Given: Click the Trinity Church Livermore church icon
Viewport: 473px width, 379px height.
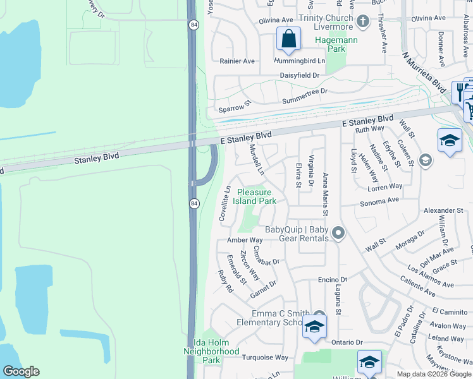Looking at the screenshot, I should click(x=362, y=22).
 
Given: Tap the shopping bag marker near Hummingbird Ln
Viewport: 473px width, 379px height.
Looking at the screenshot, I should click(x=288, y=39).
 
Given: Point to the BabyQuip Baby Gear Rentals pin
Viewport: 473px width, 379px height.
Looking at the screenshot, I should click(x=338, y=234).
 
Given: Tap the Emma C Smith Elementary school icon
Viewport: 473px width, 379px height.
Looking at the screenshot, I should click(x=313, y=327).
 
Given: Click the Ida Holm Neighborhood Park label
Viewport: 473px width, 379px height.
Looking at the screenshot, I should click(x=211, y=351).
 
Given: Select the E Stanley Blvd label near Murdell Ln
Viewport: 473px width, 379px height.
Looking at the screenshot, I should click(x=246, y=137).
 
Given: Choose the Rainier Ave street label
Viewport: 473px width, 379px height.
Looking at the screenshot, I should click(x=236, y=61).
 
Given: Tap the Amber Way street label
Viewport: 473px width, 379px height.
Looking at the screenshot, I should click(x=245, y=241).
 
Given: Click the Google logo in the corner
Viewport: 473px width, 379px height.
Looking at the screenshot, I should click(x=21, y=371).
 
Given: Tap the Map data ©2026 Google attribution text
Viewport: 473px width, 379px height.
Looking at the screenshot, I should click(x=434, y=374).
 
